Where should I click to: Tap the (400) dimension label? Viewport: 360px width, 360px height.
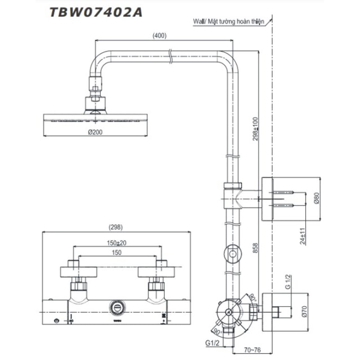[159, 35]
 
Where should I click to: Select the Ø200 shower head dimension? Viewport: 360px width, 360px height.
[95, 132]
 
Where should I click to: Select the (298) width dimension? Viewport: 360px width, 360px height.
[116, 227]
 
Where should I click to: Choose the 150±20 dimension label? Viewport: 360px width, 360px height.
[116, 243]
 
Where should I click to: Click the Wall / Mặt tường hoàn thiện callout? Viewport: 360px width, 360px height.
[228, 22]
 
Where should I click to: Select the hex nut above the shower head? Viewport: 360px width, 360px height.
[95, 90]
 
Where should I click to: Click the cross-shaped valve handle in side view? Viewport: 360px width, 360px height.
[228, 311]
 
